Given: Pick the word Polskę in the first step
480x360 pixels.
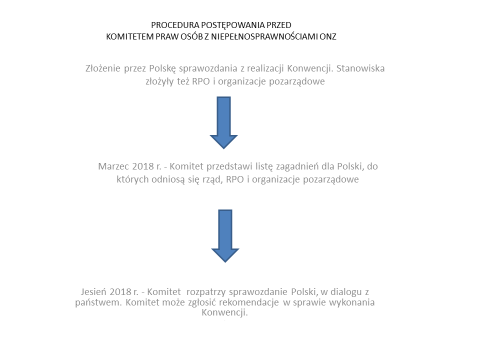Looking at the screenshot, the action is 169,68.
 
